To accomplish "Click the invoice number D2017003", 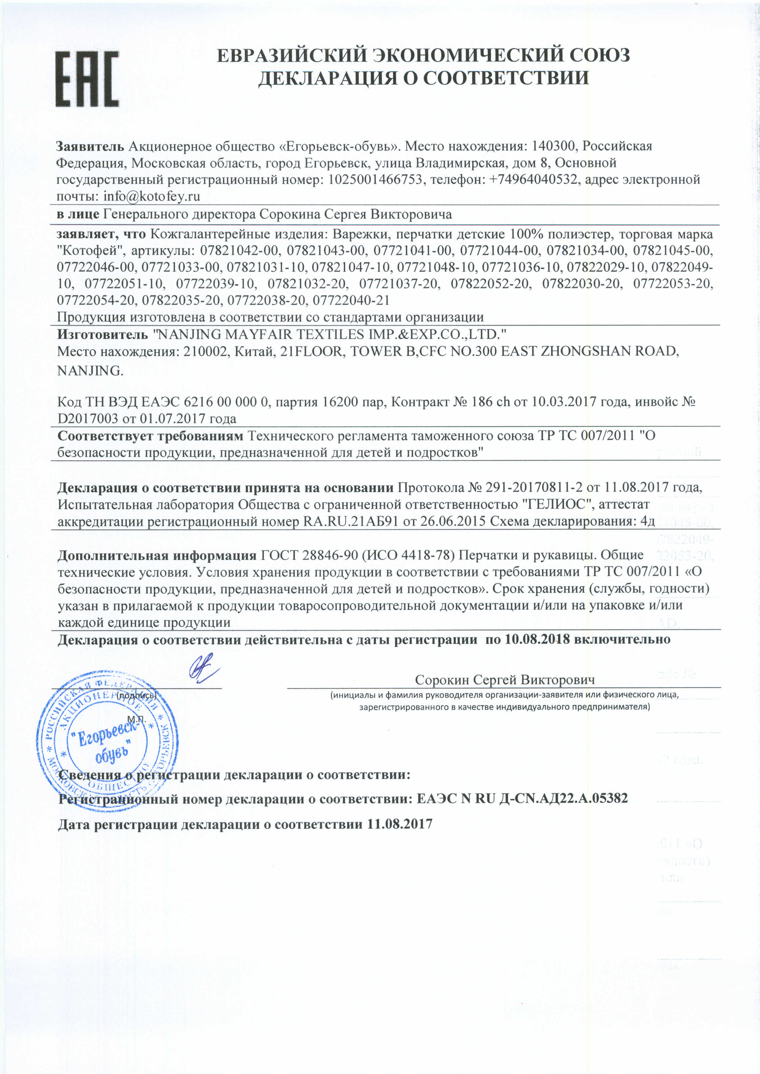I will pos(88,418).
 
